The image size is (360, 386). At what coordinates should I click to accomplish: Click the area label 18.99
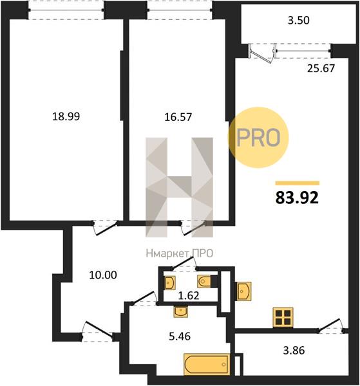click(66, 116)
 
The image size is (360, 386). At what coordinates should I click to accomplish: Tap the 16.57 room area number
click(178, 117)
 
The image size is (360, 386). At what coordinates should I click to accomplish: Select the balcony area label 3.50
click(299, 20)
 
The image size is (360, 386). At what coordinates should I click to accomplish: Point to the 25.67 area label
click(321, 68)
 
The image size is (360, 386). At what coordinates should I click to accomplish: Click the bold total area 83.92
click(297, 198)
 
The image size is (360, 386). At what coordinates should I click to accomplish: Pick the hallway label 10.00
click(103, 275)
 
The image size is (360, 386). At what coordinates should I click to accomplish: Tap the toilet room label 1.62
click(189, 295)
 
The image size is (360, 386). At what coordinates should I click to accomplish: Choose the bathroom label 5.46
click(180, 336)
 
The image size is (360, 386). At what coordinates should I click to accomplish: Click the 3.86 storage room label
click(294, 351)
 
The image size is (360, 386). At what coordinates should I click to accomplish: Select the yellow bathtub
click(207, 365)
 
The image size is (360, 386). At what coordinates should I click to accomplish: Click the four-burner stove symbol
click(283, 318)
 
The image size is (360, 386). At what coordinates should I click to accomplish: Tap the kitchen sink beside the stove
click(243, 291)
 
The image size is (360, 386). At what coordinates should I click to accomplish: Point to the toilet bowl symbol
click(204, 281)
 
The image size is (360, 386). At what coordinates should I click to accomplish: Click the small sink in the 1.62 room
click(169, 282)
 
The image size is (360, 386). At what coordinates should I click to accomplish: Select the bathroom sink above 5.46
click(180, 311)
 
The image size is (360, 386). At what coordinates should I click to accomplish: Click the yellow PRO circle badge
click(258, 138)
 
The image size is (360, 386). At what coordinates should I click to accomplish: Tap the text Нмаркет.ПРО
click(180, 253)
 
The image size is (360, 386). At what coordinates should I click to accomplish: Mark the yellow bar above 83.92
click(298, 183)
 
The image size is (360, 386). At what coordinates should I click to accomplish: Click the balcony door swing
click(262, 53)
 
